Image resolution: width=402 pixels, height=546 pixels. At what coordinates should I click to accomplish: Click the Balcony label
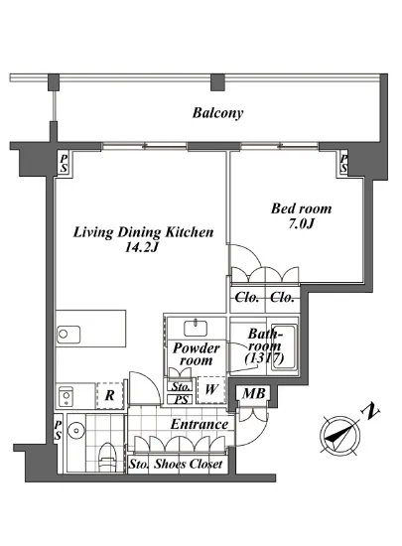[217, 113]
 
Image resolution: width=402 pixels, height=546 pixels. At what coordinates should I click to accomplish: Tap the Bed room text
[301, 208]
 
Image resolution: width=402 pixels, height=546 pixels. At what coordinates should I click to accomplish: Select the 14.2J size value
[142, 247]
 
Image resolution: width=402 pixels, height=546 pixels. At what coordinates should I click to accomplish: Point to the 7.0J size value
[301, 223]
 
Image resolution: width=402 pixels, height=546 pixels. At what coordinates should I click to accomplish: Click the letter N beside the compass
[371, 412]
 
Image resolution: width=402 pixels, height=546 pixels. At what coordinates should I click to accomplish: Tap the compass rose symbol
[340, 435]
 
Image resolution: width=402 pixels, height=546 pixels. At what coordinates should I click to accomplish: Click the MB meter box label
[254, 393]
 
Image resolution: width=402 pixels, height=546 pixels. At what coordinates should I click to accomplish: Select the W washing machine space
[210, 390]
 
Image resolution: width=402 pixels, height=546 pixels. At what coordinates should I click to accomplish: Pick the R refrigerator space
[109, 395]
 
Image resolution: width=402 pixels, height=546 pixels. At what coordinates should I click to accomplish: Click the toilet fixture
[106, 458]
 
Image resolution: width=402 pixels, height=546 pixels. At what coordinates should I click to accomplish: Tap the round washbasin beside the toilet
[75, 431]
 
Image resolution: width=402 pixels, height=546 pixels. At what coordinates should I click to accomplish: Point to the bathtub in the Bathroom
[285, 348]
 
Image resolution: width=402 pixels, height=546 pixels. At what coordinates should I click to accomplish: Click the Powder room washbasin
[196, 328]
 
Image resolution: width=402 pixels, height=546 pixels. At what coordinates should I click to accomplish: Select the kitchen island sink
[68, 335]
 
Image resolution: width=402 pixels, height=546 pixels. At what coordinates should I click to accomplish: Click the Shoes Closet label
[189, 464]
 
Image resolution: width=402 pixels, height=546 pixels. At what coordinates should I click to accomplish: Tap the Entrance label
[200, 424]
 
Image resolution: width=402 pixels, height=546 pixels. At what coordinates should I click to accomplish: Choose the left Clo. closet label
[247, 298]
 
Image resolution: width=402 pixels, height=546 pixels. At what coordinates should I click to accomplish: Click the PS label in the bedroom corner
[343, 164]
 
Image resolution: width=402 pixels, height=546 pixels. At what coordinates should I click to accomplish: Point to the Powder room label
[197, 353]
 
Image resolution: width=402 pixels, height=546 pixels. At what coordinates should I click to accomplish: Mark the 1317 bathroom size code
[264, 358]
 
